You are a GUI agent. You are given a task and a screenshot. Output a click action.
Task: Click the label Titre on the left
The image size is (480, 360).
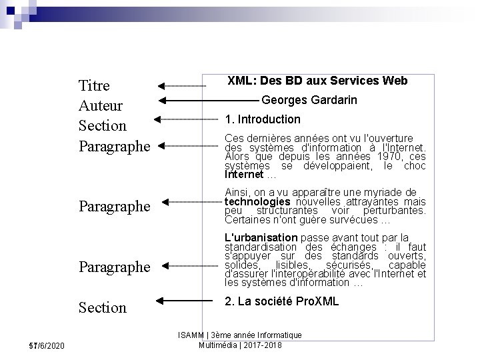click(94, 85)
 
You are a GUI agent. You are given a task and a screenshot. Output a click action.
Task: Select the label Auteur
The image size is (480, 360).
click(99, 105)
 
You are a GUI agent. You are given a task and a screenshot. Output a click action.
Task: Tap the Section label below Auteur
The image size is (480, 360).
click(102, 125)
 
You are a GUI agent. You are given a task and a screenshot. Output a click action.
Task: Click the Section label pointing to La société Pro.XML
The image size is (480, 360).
click(102, 307)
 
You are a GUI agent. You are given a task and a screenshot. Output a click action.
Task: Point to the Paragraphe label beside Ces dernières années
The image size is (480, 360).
click(115, 145)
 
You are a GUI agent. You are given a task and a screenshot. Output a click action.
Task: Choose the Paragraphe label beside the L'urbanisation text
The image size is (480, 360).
click(115, 267)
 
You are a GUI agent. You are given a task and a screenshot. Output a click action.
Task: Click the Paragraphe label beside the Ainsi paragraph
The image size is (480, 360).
click(115, 205)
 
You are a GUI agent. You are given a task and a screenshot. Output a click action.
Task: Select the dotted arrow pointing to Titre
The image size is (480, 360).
click(181, 86)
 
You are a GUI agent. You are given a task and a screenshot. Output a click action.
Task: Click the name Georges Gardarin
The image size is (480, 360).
click(309, 100)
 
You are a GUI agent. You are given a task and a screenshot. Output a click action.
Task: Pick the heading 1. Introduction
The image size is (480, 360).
click(263, 119)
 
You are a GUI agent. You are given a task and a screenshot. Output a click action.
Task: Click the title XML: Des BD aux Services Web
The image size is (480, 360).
click(317, 81)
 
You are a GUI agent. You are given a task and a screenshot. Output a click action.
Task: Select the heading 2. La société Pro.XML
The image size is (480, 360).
click(282, 301)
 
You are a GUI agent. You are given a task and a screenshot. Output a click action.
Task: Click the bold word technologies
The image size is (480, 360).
click(257, 201)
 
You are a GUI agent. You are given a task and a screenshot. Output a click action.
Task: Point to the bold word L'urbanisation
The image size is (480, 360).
click(261, 237)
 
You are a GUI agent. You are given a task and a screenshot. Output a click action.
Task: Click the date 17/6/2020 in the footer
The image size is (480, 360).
click(47, 345)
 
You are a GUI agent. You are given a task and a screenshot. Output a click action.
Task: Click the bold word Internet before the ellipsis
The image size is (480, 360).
click(244, 175)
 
